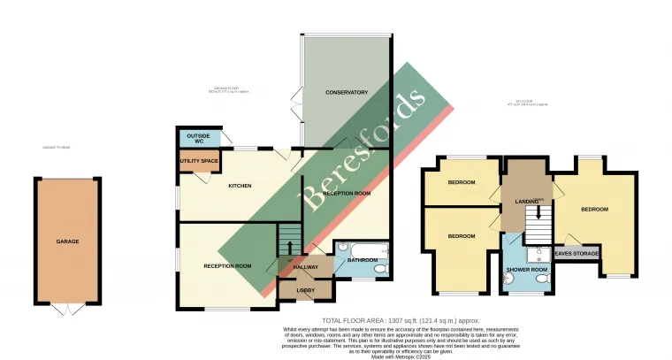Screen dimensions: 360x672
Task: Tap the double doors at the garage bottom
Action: (67, 309)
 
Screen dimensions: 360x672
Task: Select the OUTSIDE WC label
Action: (198, 138)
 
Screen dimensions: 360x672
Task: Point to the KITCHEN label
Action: (241, 186)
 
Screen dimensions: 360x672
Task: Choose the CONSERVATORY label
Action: (346, 93)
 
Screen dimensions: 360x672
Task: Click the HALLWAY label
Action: (305, 266)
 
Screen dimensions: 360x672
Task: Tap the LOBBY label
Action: (305, 289)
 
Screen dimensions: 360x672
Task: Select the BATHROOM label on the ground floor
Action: (363, 260)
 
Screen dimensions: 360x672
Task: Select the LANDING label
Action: (527, 203)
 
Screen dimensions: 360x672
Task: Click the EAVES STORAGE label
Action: (576, 254)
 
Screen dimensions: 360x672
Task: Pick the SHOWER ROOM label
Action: (527, 269)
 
